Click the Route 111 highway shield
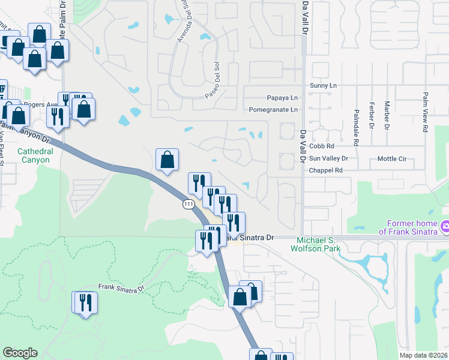[188, 205]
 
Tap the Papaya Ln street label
[282, 98]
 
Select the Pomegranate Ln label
[274, 110]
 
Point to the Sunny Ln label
[323, 86]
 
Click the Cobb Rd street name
[322, 146]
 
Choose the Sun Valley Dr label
[328, 158]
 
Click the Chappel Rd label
[326, 170]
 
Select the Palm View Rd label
[425, 112]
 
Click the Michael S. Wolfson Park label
[315, 244]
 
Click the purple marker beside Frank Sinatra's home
[445, 226]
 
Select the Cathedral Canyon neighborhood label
[35, 155]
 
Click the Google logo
[20, 353]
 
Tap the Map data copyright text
[424, 356]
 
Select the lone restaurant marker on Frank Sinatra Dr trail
[84, 302]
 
